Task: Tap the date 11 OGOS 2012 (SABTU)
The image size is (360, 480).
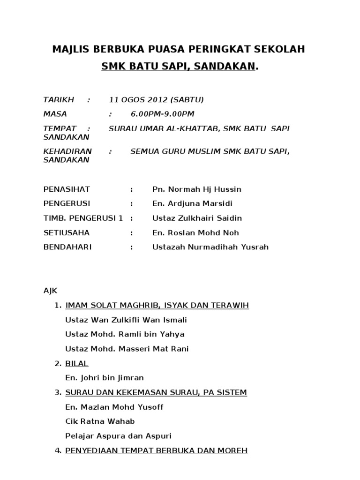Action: point(156,100)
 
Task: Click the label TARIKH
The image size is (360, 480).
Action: point(59,100)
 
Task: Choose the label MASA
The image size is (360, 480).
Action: point(55,114)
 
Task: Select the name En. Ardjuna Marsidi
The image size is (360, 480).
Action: point(192,204)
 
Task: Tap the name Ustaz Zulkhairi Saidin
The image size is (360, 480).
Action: point(197,218)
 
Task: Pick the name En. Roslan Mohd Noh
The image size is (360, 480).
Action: point(192,233)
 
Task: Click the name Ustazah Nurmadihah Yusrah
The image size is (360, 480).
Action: point(210,247)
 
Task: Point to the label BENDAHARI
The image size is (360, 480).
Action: point(67,247)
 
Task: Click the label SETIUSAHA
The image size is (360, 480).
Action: point(66,233)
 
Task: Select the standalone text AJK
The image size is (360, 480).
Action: point(50,291)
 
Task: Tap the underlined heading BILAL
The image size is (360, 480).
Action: point(77,364)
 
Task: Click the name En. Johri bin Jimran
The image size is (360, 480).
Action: point(105,378)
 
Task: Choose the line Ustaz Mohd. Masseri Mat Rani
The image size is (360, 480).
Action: point(127,349)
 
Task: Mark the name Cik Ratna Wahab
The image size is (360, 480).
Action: point(100,421)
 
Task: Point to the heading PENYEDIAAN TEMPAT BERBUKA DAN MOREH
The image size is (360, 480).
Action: point(157,451)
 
